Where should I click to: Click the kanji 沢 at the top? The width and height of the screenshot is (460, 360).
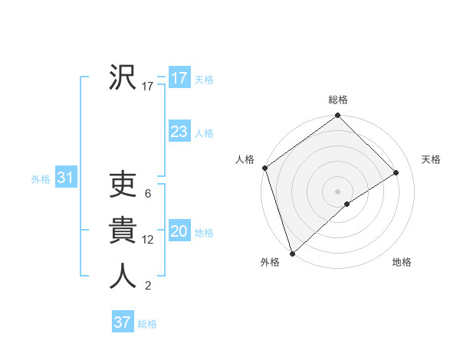point(123,78)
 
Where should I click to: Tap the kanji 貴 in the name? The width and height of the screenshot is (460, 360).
point(123,231)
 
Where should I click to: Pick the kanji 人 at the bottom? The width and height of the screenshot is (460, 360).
point(123,276)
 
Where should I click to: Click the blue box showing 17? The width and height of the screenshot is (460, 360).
point(179,78)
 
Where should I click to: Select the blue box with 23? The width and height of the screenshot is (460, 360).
point(179,132)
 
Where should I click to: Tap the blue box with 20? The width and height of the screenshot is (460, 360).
point(179,231)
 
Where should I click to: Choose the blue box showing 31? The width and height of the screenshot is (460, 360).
point(65,178)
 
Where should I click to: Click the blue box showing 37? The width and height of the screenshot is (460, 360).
point(123,322)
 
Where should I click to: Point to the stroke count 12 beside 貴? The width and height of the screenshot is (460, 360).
point(148,240)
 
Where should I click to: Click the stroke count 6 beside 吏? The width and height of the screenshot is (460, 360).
point(147,195)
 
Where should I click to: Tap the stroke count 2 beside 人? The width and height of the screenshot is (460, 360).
point(147,286)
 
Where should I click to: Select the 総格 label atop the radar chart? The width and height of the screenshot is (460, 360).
point(337,100)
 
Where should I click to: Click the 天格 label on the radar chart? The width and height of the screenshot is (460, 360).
point(431,159)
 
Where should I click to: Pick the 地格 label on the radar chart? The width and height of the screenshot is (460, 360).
point(402,263)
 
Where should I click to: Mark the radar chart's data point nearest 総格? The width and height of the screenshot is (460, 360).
point(337,116)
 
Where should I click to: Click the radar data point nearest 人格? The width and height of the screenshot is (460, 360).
point(264,168)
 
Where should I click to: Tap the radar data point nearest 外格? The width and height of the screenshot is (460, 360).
point(292,252)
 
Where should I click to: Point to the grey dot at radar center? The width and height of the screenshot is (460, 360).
point(337,191)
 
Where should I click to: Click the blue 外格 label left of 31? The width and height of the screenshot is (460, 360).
point(41,179)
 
